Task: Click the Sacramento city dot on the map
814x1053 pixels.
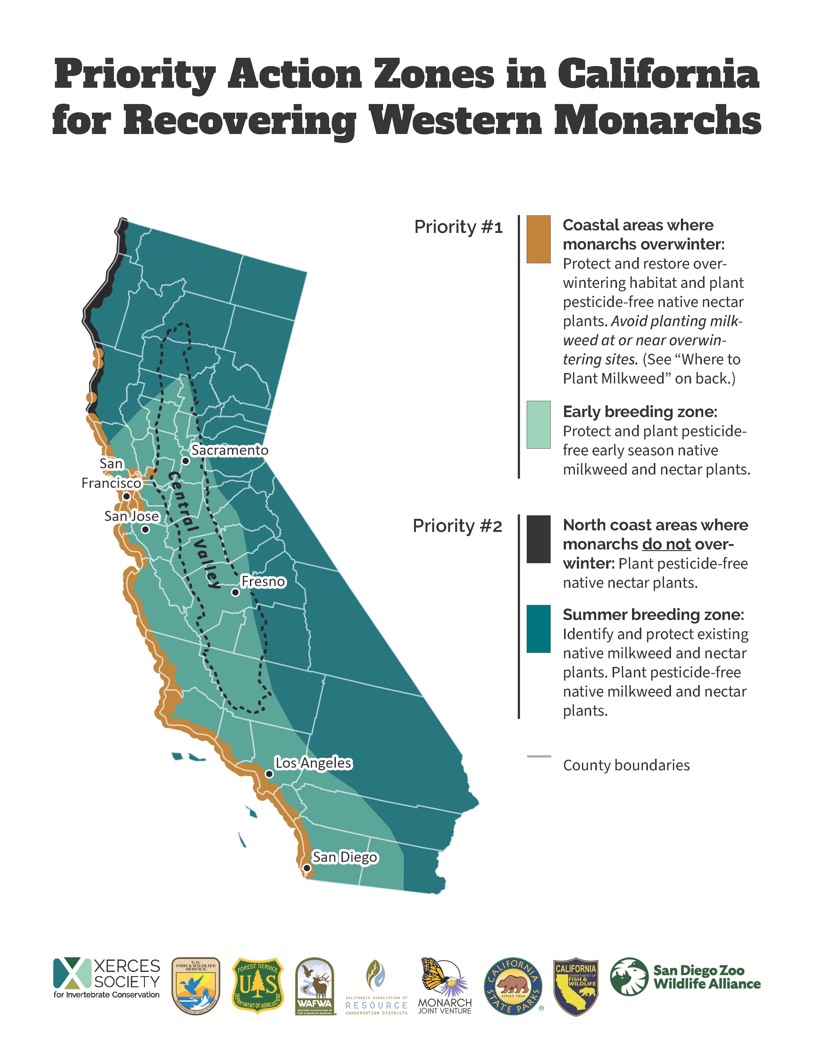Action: (186, 461)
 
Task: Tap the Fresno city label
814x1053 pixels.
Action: (263, 581)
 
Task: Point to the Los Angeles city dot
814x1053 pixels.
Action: (269, 774)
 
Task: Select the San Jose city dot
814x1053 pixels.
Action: (145, 529)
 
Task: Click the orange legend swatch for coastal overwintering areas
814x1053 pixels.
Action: (538, 239)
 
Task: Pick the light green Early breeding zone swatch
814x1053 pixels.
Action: (538, 424)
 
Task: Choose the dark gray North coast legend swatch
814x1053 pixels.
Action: (538, 539)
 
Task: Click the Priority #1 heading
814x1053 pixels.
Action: (458, 227)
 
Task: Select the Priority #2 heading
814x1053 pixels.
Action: (457, 526)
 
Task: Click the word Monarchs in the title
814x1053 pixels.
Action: (657, 121)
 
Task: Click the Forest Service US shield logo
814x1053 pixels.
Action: (258, 985)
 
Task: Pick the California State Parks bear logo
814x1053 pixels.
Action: (513, 986)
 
